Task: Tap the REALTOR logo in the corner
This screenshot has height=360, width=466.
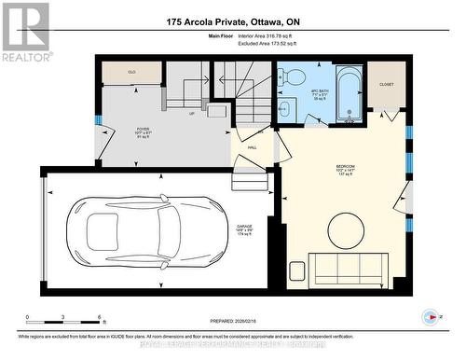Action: [25, 32]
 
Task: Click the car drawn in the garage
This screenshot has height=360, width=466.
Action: [133, 224]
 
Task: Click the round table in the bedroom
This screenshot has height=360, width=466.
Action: [346, 230]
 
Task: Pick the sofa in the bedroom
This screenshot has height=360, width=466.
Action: [348, 267]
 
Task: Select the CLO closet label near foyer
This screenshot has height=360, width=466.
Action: [131, 71]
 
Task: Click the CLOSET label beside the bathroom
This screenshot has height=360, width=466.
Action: [386, 83]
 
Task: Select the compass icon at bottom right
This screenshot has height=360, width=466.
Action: [431, 316]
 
